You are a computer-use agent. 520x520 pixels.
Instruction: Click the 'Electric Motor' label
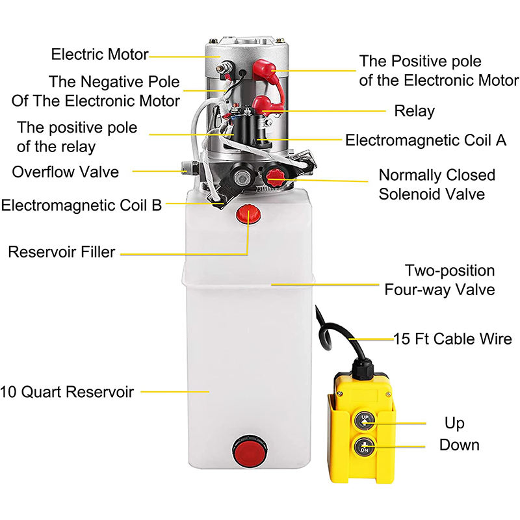tap(99, 55)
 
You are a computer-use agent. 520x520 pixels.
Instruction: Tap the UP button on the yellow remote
tap(365, 420)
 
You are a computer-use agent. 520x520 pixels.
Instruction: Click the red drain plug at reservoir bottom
tap(250, 450)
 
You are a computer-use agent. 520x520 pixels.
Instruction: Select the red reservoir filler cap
tap(248, 214)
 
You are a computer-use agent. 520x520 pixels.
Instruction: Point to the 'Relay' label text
tap(414, 111)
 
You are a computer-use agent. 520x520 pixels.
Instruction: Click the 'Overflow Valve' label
tap(66, 172)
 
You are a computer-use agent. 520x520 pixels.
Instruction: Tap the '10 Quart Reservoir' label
tap(67, 392)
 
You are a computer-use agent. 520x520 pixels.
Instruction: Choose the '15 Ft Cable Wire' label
tap(452, 339)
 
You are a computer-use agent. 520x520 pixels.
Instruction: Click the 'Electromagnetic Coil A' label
tap(426, 140)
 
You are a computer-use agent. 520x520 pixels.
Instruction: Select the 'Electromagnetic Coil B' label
tap(81, 205)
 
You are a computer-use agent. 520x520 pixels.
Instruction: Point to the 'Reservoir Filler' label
tap(62, 252)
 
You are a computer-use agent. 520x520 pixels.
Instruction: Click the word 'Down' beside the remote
tap(460, 445)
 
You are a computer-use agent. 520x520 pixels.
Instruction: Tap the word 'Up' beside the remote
tap(454, 424)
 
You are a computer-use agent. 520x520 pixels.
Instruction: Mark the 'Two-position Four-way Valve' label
tap(439, 280)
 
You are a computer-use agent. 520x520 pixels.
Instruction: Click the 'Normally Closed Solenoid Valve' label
tap(437, 185)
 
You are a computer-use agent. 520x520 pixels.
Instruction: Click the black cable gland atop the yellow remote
tap(363, 368)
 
